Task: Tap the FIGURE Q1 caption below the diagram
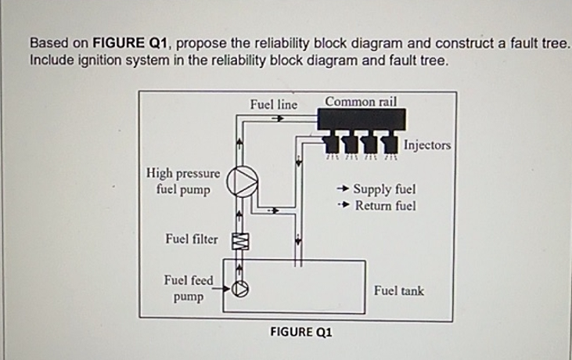coord(300,332)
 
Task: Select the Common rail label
coord(361,101)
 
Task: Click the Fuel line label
coord(273,104)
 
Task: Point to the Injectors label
coord(427,145)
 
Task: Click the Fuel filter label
coord(192,239)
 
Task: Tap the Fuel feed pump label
coord(188,288)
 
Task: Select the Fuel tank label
coord(398,290)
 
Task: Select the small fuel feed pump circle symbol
coord(241,289)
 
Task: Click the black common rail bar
coord(361,119)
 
